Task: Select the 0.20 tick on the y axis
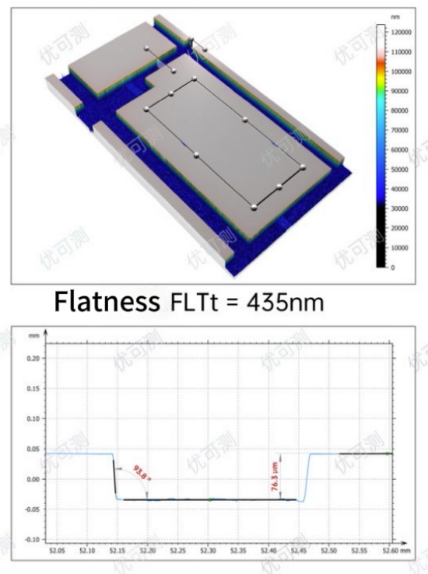click(34, 359)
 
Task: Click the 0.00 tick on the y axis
click(34, 479)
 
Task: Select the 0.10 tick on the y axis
click(34, 418)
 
